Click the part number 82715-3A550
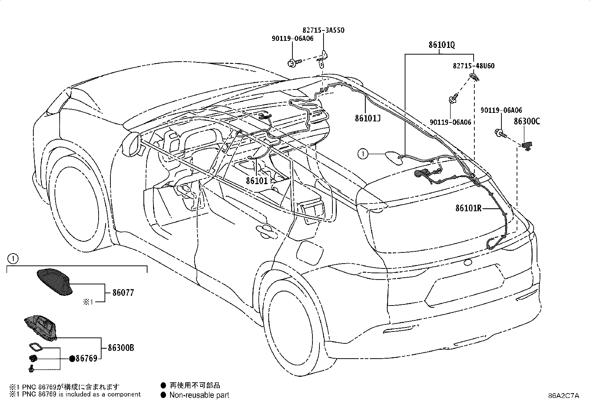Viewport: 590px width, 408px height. pos(323,30)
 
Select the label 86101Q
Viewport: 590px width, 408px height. pos(442,45)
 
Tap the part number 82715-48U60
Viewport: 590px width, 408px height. pos(474,66)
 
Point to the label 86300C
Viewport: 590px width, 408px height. pos(527,121)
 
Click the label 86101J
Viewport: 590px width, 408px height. pos(368,118)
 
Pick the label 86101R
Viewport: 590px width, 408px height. pos(468,208)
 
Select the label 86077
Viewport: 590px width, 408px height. pos(123,293)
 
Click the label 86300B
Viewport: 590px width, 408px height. pos(121,348)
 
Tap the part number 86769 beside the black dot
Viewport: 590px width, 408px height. pos(86,358)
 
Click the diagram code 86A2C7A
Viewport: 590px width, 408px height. pos(564,396)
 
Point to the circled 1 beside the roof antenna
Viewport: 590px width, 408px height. pos(363,154)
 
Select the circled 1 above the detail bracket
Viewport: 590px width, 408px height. pos(13,259)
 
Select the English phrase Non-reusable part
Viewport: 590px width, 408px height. pos(199,395)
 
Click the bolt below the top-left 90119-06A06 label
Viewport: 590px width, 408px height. pos(294,63)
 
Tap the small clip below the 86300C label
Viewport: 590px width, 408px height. pos(527,146)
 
